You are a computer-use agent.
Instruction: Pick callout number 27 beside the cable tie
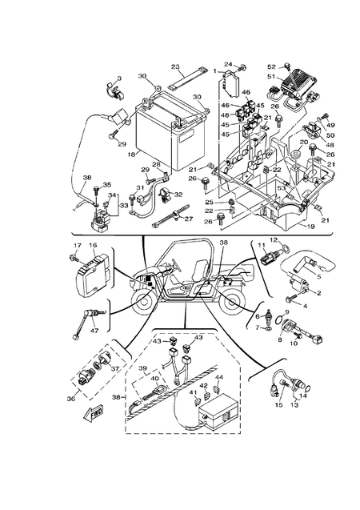190,218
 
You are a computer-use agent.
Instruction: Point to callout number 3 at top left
119,78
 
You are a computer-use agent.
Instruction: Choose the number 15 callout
279,406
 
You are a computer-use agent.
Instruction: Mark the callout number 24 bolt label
227,64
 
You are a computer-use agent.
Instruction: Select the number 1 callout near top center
214,72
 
